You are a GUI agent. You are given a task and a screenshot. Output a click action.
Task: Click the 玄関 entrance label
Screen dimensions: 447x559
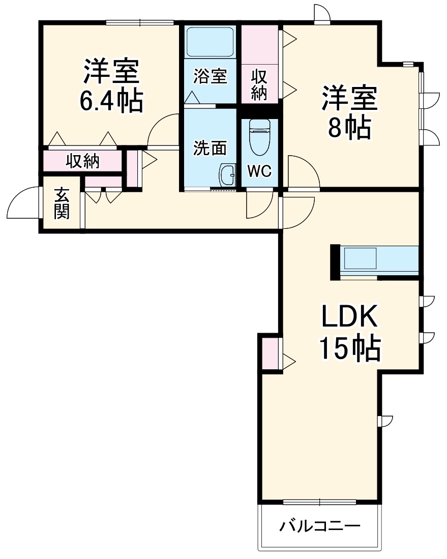pos(62,203)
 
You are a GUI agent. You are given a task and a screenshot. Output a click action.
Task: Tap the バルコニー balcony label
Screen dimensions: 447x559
pos(319,526)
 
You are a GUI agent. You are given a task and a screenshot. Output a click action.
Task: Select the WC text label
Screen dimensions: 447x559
pos(259,171)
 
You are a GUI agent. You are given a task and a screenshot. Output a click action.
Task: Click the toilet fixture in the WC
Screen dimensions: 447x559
pos(259,137)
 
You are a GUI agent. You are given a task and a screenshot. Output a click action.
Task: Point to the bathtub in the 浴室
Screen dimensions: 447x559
pos(210,42)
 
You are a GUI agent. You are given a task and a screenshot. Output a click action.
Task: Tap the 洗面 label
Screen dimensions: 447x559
pos(210,148)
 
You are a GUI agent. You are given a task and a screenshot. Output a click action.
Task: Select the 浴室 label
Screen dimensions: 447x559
pos(211,76)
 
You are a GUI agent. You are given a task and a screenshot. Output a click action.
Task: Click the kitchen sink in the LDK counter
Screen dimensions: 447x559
pos(360,258)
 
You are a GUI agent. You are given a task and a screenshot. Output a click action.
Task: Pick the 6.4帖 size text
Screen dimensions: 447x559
pos(111,100)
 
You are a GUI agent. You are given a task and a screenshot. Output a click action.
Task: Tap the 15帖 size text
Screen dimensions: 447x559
pos(350,348)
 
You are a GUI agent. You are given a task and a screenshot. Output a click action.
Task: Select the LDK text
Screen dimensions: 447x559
pos(349,316)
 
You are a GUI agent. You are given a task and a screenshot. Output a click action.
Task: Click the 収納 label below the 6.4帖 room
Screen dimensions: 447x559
pos(82,161)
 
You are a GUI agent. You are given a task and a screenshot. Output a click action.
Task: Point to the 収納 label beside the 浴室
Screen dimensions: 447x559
pos(259,85)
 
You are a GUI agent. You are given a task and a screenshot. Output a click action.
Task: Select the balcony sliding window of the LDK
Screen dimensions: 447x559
pos(320,503)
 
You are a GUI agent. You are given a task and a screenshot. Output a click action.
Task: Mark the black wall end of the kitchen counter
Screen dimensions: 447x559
pos(335,262)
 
